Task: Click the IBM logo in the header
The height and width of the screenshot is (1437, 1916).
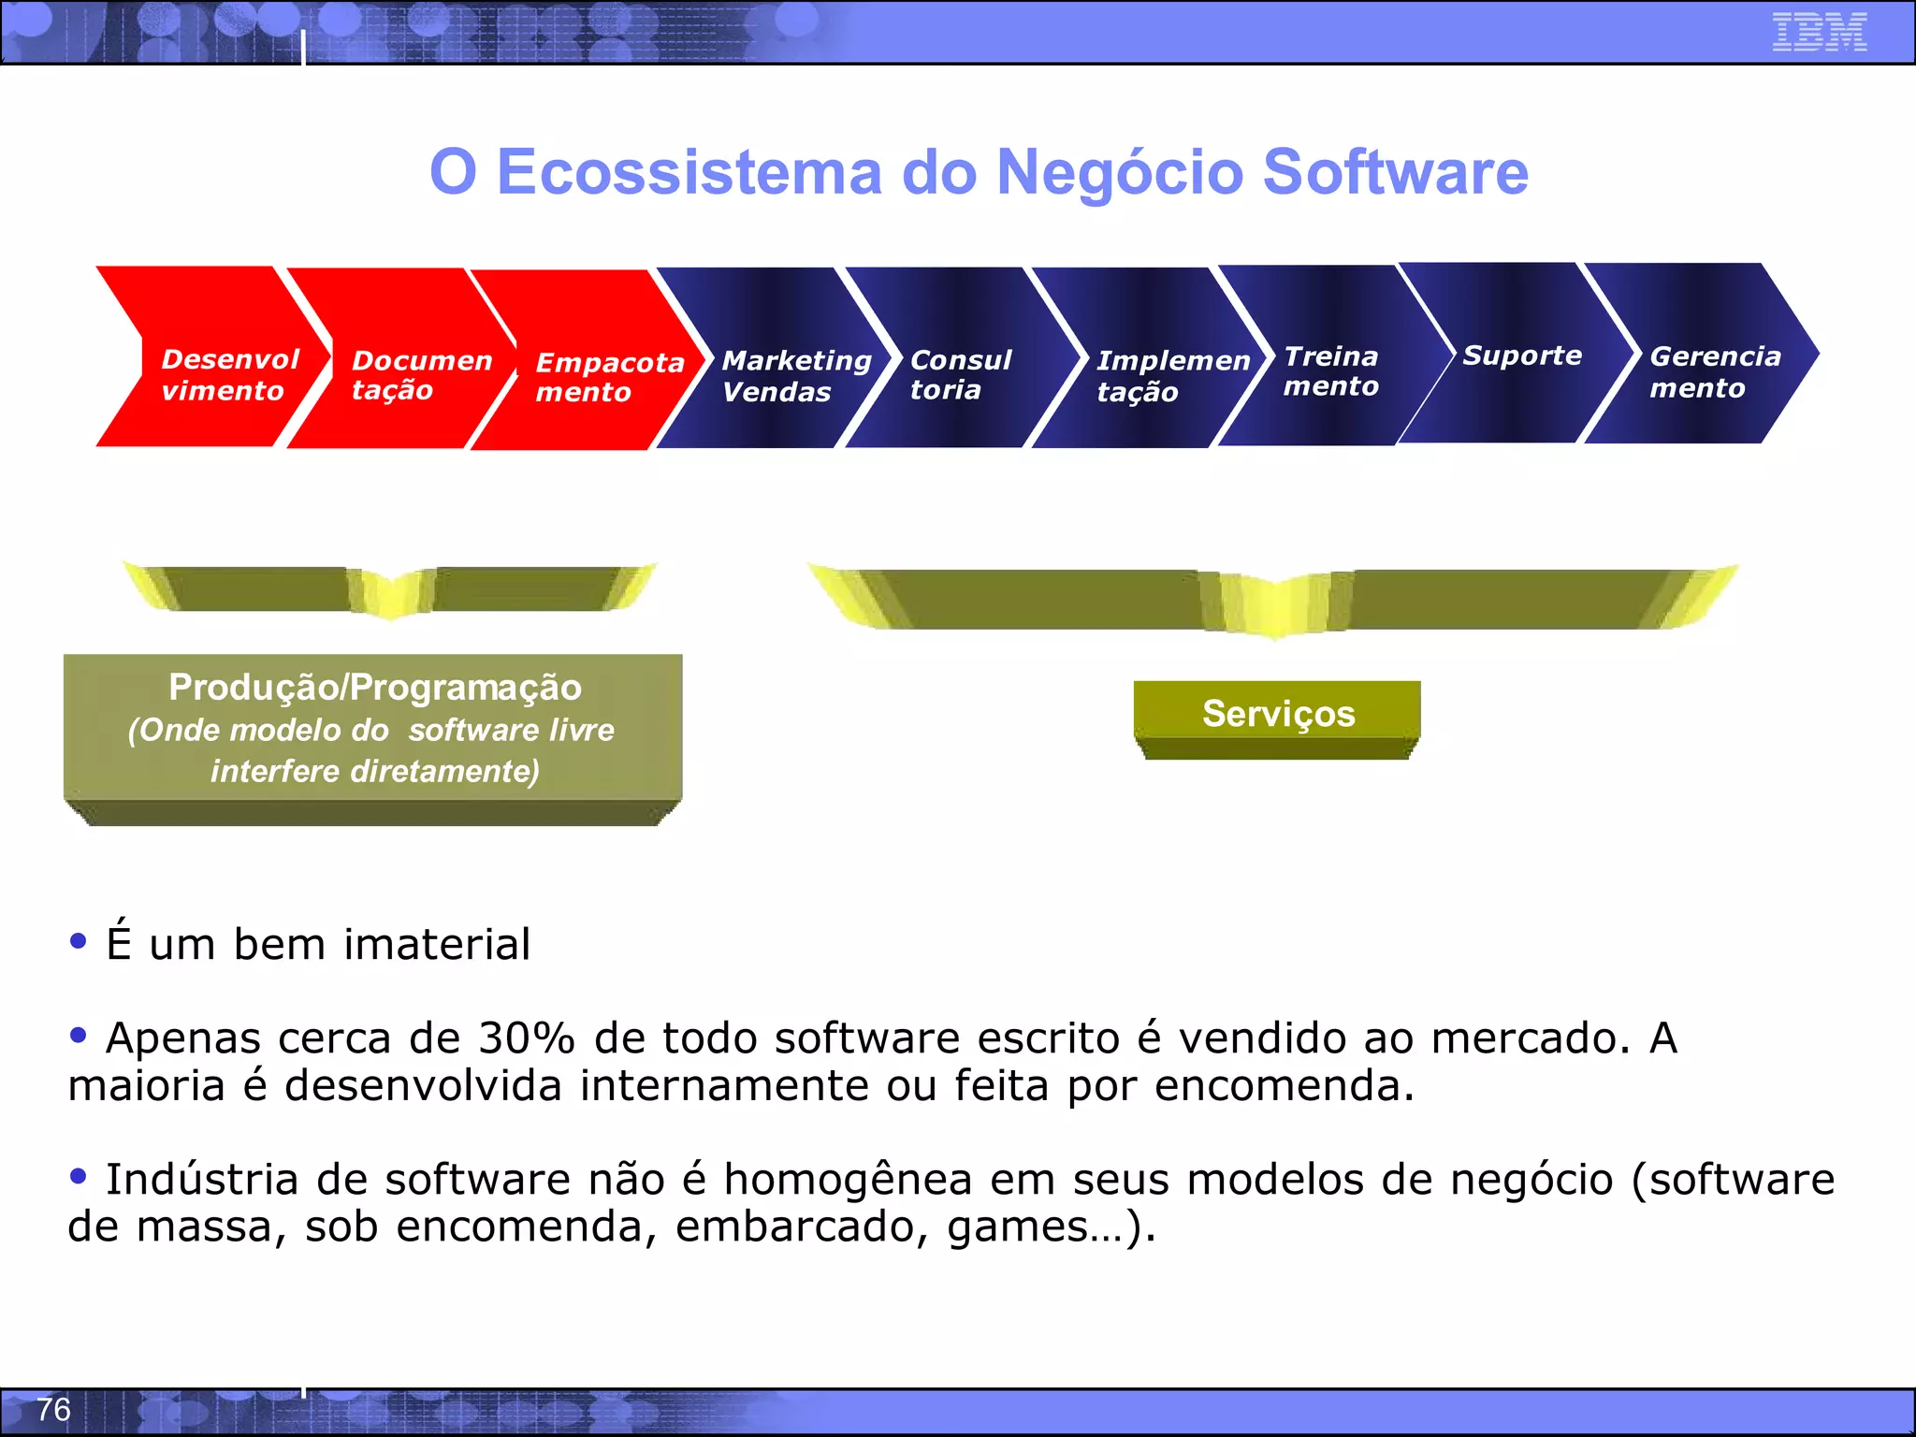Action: click(x=1819, y=32)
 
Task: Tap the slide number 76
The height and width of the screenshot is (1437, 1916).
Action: click(x=53, y=1409)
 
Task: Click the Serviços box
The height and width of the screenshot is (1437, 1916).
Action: click(x=1277, y=714)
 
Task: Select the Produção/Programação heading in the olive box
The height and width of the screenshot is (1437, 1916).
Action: click(x=374, y=688)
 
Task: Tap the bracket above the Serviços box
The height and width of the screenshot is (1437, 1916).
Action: click(x=1272, y=599)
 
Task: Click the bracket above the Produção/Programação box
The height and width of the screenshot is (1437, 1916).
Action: click(x=389, y=589)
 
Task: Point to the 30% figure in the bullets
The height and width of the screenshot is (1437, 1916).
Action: click(x=526, y=1038)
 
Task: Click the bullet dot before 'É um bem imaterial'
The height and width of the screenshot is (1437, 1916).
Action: click(x=79, y=940)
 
